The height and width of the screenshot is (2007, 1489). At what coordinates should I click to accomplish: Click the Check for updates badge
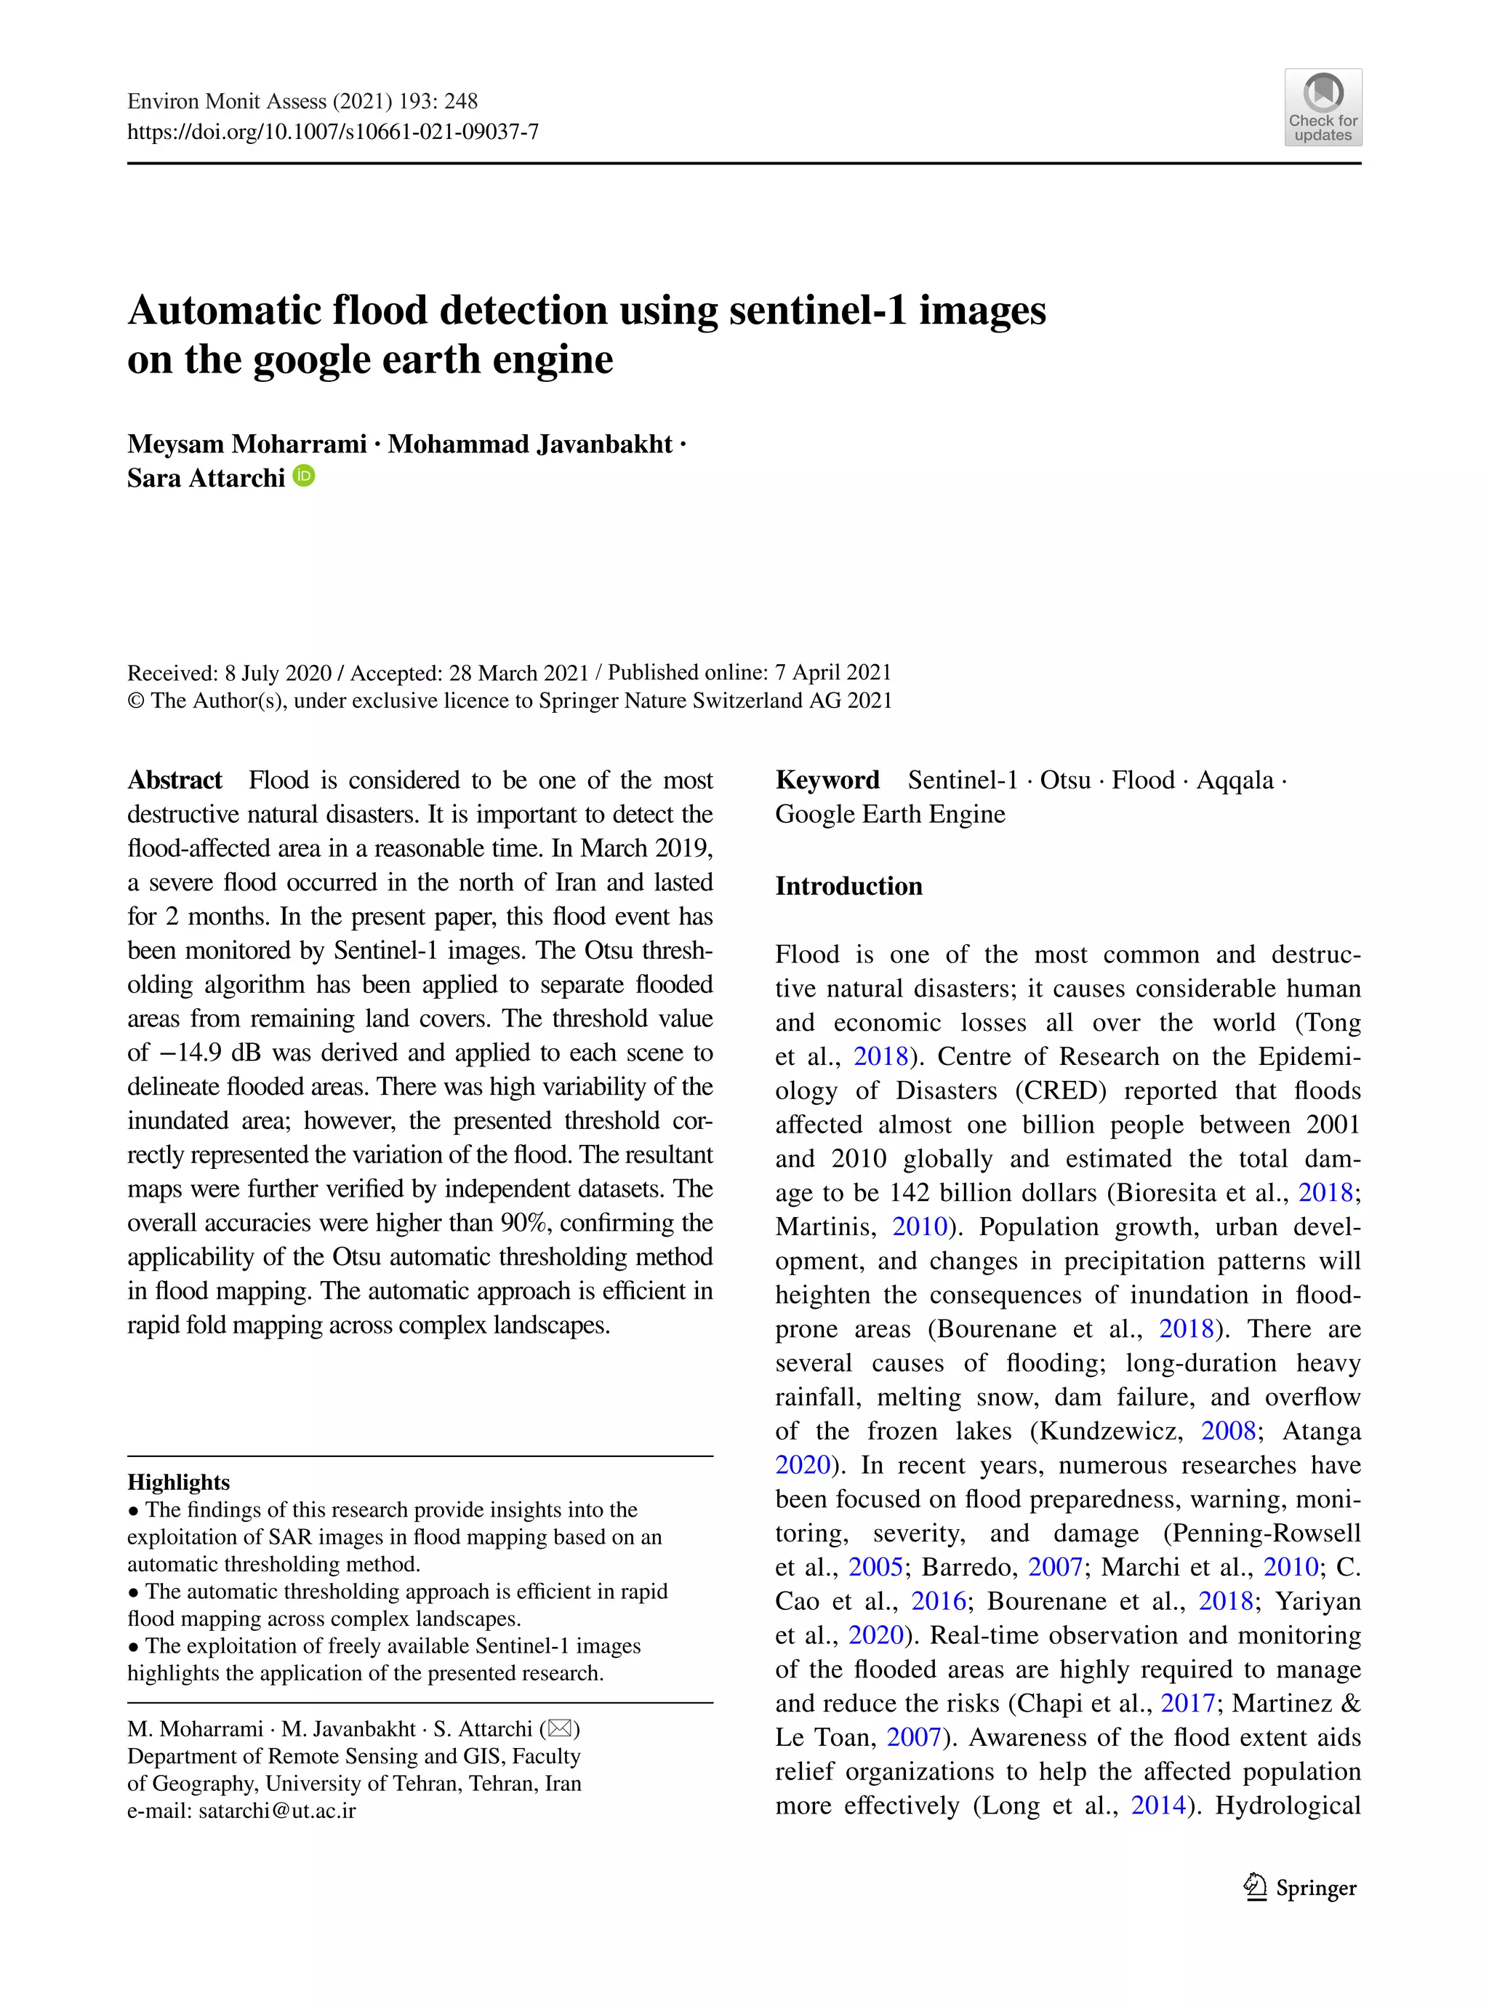pos(1323,107)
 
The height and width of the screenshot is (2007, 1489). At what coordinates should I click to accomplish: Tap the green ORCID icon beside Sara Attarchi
pos(305,475)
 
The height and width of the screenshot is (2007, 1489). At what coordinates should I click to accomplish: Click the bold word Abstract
pos(175,780)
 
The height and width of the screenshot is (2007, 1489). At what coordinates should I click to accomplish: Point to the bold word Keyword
pos(827,780)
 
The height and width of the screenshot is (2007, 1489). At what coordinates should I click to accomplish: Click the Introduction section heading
pos(848,885)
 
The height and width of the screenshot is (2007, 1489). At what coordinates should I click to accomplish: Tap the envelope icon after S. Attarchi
pos(560,1728)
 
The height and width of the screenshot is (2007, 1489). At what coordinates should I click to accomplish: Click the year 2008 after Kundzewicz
pos(1229,1430)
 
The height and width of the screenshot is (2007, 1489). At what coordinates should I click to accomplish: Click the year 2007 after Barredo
pos(1054,1566)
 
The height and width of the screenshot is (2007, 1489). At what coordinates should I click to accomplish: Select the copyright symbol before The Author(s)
pos(135,701)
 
